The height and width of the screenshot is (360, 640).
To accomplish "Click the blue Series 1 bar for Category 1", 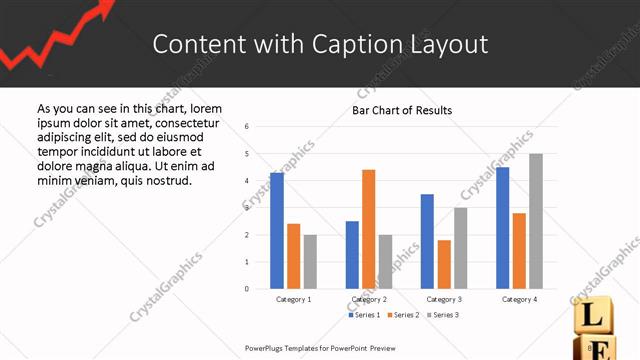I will coord(277,231).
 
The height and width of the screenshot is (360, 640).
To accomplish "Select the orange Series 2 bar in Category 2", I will coord(368,229).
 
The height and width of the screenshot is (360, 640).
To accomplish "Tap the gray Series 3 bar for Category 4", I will coord(536,221).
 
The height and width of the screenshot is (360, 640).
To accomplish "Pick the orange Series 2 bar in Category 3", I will coord(444,264).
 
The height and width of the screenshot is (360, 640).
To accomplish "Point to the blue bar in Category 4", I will coord(502,228).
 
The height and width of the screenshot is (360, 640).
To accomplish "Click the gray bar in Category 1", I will coord(310,262).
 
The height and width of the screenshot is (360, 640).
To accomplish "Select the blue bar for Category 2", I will coord(352,255).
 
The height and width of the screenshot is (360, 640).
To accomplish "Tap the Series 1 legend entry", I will coord(364,315).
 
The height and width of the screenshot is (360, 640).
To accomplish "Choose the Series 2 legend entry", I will coord(404,315).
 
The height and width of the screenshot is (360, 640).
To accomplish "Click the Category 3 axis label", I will coord(444,299).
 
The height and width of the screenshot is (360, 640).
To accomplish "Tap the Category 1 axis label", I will coord(293,299).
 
